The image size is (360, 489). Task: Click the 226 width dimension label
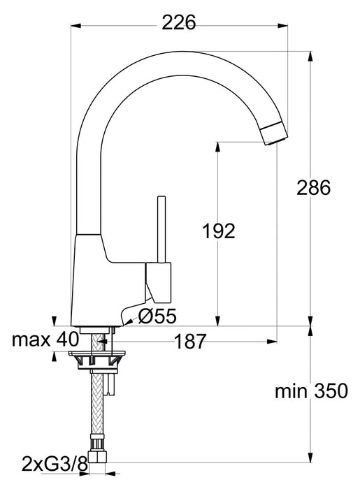[x=179, y=22]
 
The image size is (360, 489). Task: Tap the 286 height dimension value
[x=313, y=188]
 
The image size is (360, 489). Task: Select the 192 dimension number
[x=219, y=231]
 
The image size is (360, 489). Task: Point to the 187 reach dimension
[x=190, y=341]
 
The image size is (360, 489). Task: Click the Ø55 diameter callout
[x=157, y=316]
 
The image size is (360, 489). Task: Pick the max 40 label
[x=45, y=340]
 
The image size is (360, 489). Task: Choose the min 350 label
[x=311, y=391]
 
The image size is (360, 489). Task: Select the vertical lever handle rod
[x=161, y=229]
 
